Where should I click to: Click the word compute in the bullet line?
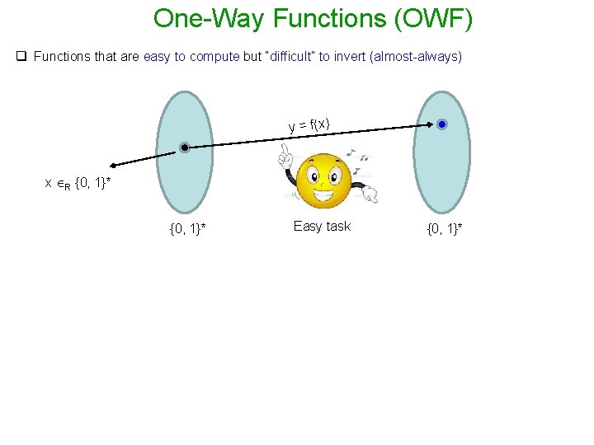213,57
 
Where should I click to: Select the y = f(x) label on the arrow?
309,124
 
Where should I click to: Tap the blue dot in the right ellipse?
441,124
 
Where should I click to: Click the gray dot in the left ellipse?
186,148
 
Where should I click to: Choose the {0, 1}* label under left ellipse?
187,228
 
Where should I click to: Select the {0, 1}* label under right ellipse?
445,228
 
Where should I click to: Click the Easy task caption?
322,226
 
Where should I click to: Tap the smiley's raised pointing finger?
284,154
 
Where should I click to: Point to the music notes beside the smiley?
358,156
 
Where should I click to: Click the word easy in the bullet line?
157,57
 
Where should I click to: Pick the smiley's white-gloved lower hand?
370,195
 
